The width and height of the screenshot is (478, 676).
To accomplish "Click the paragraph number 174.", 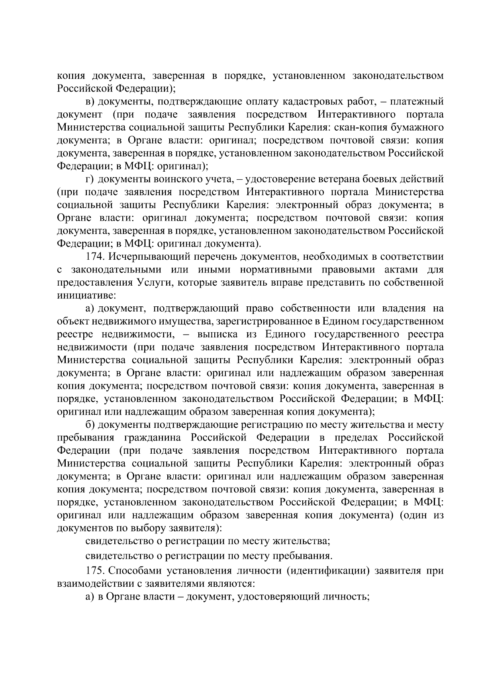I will pos(95,257).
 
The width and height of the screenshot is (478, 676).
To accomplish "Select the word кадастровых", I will pos(303,102).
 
